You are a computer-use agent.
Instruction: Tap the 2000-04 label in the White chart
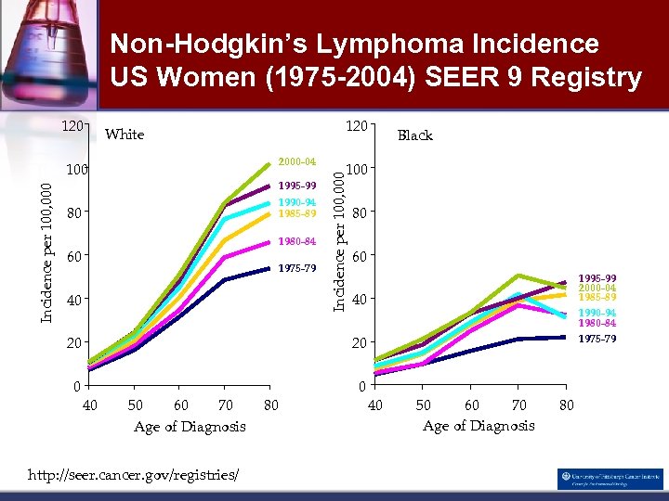(x=297, y=161)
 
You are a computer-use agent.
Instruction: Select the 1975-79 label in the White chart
(x=297, y=269)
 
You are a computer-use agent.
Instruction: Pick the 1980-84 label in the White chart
(x=297, y=242)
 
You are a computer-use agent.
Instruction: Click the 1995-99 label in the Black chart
(x=597, y=278)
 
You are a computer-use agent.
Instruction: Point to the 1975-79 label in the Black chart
(x=597, y=339)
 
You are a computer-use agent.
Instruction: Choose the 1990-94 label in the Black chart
(x=597, y=314)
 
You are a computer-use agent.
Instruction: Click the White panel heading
(x=125, y=135)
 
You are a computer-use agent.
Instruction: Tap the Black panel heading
(x=414, y=135)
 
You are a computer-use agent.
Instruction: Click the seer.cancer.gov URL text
(x=134, y=475)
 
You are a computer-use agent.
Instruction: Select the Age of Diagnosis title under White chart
(x=190, y=426)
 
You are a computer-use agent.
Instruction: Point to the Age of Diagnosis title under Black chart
(x=479, y=425)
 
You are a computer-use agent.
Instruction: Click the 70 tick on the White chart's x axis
(x=224, y=405)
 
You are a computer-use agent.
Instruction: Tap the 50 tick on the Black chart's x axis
(x=423, y=405)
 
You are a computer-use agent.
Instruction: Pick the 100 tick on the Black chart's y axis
(x=358, y=170)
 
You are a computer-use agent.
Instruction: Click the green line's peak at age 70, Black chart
(x=518, y=276)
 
